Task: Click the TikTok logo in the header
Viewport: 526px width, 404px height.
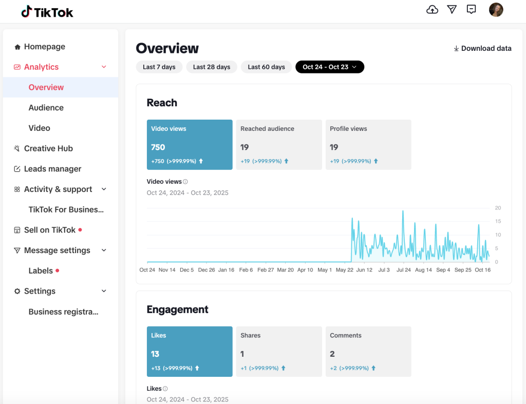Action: click(47, 12)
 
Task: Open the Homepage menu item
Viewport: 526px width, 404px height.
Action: click(44, 47)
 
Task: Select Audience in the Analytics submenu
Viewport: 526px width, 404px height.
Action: click(46, 108)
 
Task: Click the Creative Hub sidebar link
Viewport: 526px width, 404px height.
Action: click(48, 148)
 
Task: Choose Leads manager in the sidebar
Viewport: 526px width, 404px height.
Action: click(52, 169)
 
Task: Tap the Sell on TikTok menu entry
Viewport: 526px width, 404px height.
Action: click(50, 230)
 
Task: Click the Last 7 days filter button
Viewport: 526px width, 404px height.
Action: click(159, 67)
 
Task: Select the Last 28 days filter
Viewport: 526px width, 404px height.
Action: click(212, 67)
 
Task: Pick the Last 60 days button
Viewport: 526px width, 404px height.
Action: click(266, 67)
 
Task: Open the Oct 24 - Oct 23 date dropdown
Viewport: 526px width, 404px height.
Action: click(329, 67)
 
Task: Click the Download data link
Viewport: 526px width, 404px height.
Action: click(482, 48)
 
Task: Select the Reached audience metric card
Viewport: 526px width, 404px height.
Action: click(279, 144)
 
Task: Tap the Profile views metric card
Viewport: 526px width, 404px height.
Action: click(368, 144)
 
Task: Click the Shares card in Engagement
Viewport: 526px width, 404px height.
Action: click(279, 351)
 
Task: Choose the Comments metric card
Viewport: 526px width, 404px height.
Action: click(368, 351)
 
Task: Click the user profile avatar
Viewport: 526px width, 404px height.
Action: click(496, 10)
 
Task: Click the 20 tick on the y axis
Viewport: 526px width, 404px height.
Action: click(498, 208)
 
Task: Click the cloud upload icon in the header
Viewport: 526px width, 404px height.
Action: click(433, 10)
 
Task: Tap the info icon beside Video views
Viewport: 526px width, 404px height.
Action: click(185, 182)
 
